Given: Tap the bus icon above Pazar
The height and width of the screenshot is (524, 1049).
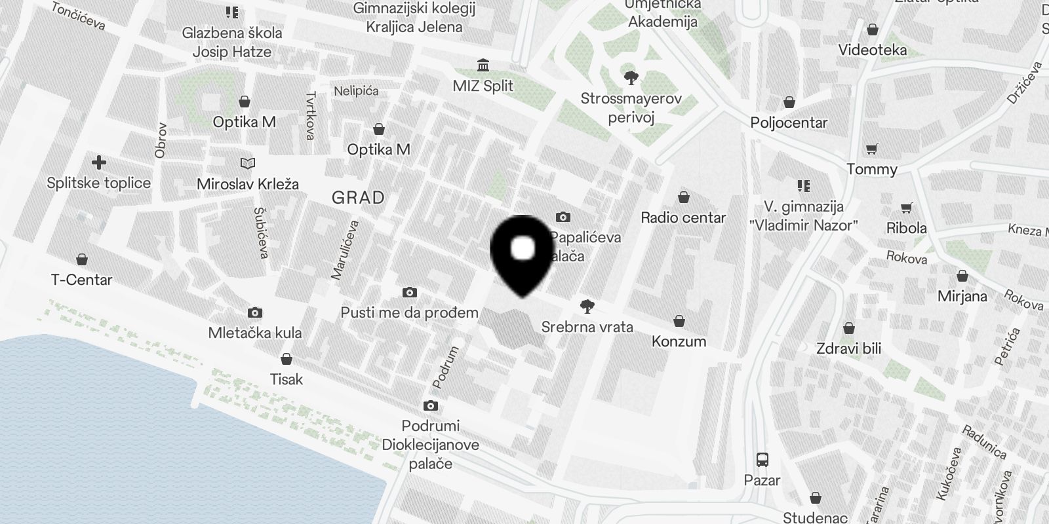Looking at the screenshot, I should (762, 459).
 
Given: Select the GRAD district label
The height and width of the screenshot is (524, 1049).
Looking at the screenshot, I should (358, 197).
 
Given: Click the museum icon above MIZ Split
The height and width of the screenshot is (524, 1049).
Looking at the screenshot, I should (484, 65).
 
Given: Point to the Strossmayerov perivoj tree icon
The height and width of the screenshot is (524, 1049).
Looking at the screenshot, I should (631, 78).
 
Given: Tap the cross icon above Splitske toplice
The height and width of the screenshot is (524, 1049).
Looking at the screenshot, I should (99, 162).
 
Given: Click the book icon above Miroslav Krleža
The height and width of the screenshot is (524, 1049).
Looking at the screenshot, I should (248, 163).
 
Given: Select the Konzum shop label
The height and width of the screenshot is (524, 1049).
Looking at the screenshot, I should (679, 341).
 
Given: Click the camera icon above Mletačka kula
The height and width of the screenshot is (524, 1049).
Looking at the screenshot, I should (255, 313).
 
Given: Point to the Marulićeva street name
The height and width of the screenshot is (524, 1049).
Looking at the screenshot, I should (346, 250).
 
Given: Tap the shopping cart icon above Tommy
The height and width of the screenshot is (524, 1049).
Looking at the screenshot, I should (871, 149).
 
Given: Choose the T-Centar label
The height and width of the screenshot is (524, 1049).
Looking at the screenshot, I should (82, 280).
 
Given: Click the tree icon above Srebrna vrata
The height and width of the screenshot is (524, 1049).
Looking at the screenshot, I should (587, 306).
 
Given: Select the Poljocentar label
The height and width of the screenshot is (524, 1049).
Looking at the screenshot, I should (789, 122).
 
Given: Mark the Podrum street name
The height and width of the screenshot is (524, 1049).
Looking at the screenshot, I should (445, 367).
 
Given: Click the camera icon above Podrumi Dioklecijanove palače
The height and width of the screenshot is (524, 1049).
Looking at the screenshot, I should (431, 405).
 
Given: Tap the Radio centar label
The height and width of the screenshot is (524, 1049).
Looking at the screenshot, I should (683, 217).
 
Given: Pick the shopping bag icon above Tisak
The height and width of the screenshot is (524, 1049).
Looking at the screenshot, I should (287, 359).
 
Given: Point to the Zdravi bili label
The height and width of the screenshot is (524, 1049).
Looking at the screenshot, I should (848, 348).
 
